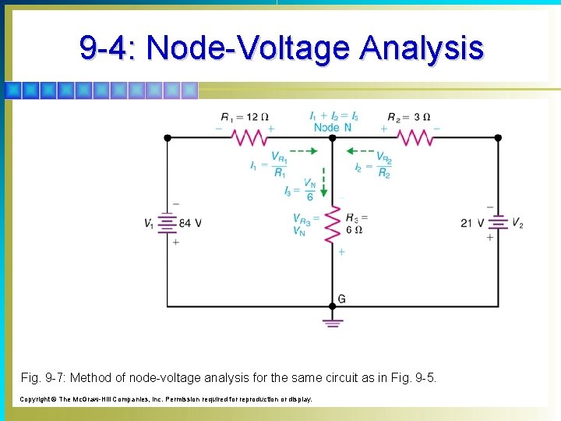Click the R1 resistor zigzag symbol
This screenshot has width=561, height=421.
(x=249, y=138)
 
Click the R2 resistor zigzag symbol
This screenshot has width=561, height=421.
(x=415, y=138)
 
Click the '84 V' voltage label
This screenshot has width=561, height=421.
(x=190, y=224)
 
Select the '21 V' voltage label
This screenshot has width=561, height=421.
(x=473, y=224)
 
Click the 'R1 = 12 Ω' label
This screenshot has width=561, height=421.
(x=245, y=118)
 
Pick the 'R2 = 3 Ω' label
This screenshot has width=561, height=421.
(x=408, y=118)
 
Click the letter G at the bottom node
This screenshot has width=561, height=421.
(x=341, y=299)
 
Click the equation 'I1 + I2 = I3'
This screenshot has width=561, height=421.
(x=334, y=116)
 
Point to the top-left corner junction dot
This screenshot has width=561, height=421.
(x=167, y=138)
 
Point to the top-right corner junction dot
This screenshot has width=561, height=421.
(x=499, y=138)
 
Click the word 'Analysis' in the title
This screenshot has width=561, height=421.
(x=422, y=48)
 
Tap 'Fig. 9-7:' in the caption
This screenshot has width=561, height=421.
(x=44, y=378)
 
